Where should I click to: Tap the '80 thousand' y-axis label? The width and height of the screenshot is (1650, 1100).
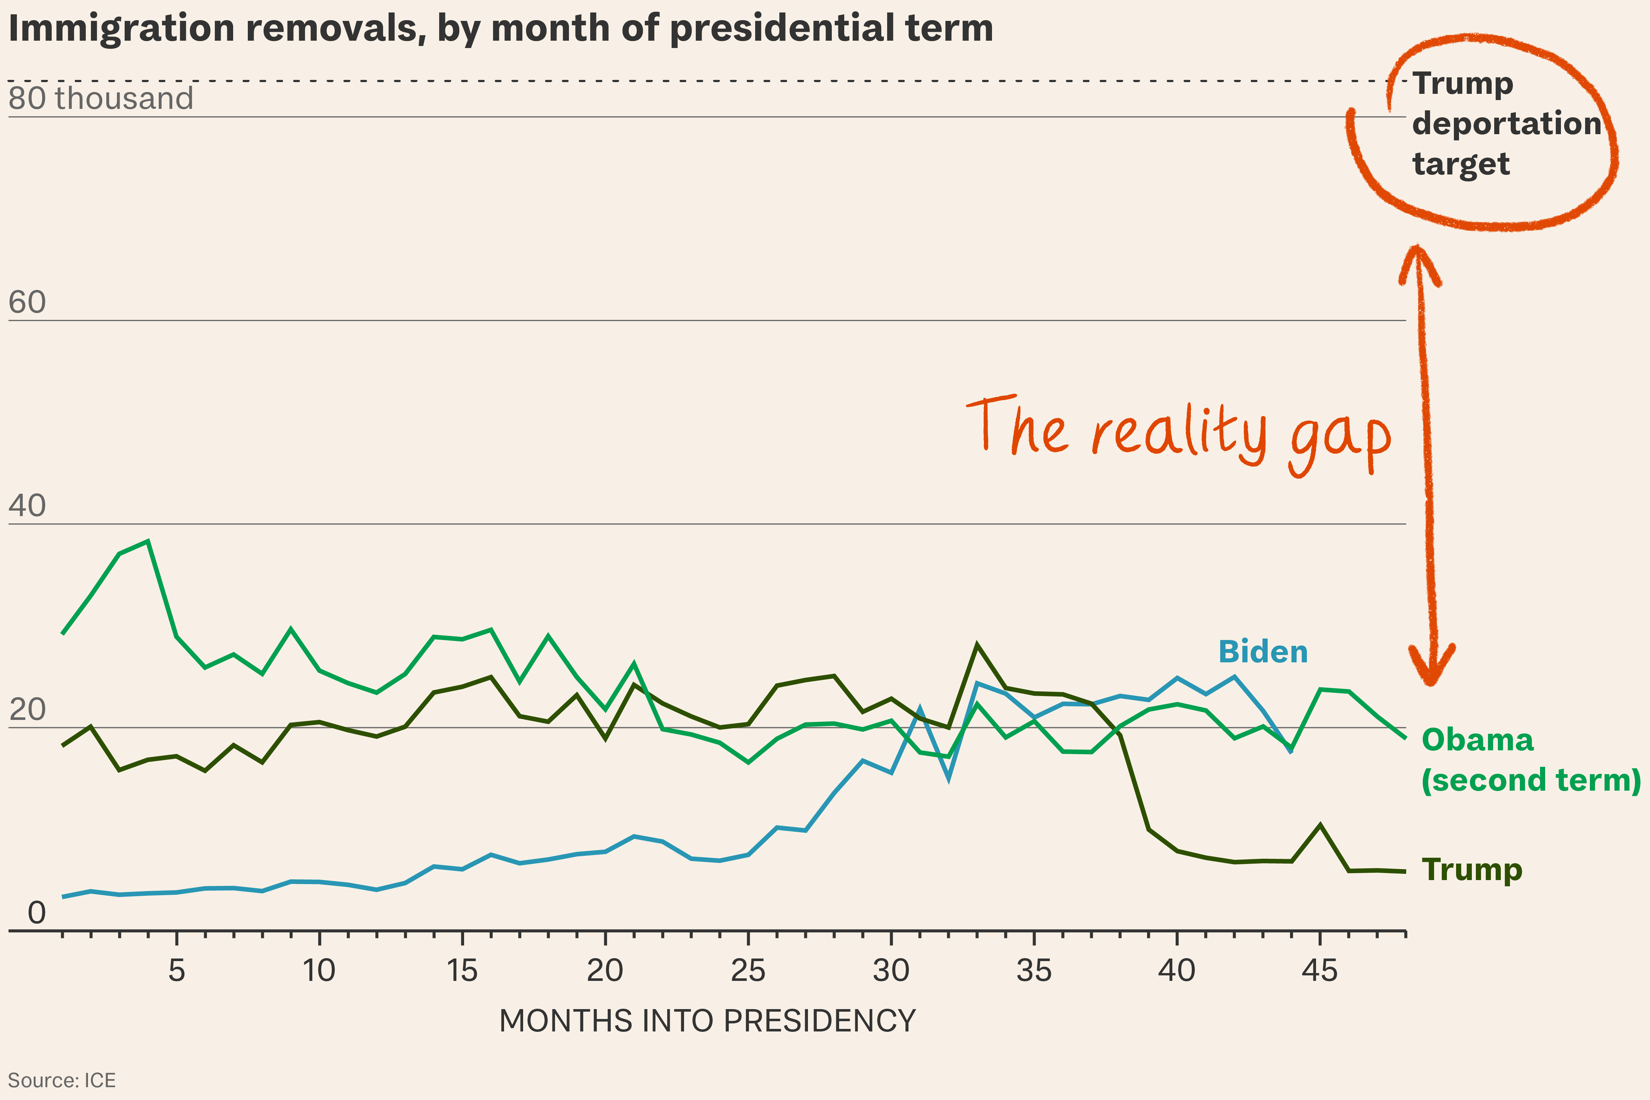100,98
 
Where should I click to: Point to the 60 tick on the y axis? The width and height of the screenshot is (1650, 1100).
27,302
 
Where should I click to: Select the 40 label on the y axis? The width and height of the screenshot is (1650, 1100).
27,506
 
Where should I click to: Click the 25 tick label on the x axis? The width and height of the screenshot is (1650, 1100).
748,971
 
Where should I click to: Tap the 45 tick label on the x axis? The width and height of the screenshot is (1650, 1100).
1320,971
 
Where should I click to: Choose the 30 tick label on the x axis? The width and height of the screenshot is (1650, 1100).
891,971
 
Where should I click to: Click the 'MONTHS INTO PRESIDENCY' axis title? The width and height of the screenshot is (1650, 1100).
707,1021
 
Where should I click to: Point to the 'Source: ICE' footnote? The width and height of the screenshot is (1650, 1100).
62,1080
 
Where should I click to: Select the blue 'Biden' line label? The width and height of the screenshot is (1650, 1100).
1263,652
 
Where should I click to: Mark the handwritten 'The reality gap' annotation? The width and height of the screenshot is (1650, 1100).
1179,431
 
